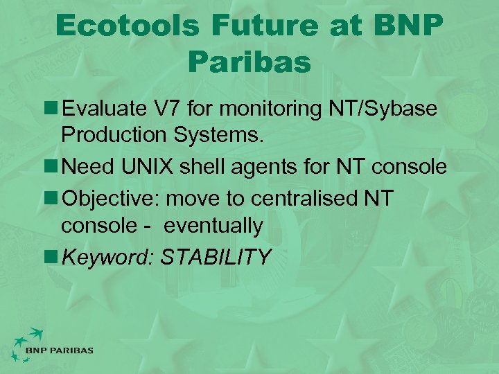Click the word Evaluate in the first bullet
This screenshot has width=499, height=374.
pyautogui.click(x=104, y=109)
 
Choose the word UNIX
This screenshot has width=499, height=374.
pyautogui.click(x=149, y=167)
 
